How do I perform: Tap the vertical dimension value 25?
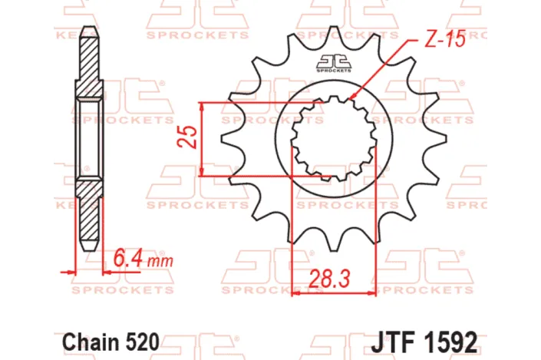186,139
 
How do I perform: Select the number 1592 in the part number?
457,339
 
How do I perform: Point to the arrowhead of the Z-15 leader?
352,97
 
